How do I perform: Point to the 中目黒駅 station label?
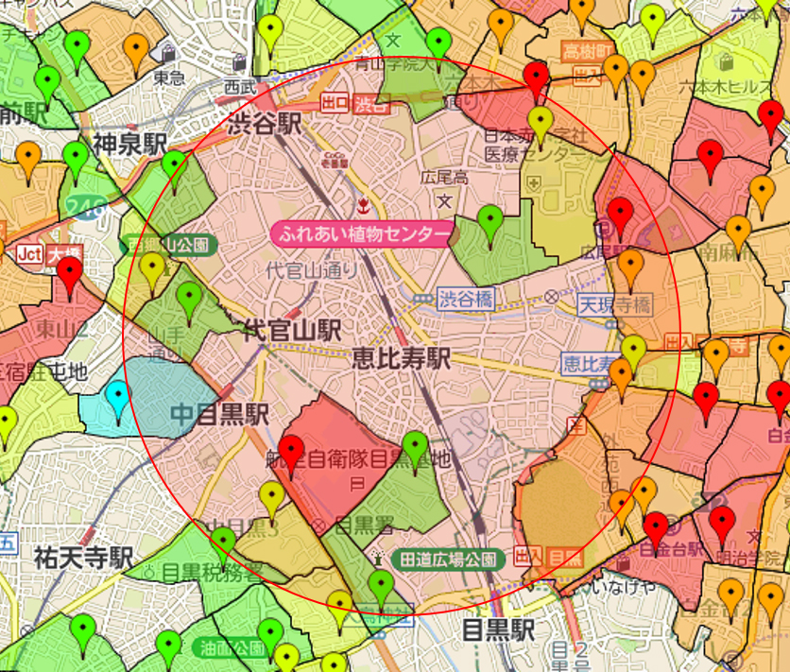pos(219,414)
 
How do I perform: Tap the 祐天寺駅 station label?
pos(82,557)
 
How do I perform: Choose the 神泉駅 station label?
pos(129,144)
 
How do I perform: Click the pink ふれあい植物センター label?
pos(362,233)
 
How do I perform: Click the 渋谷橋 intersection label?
pos(465,299)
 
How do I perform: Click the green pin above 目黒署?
pos(416,446)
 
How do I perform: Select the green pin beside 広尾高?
pos(489,222)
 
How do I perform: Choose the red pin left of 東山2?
pos(69,275)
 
